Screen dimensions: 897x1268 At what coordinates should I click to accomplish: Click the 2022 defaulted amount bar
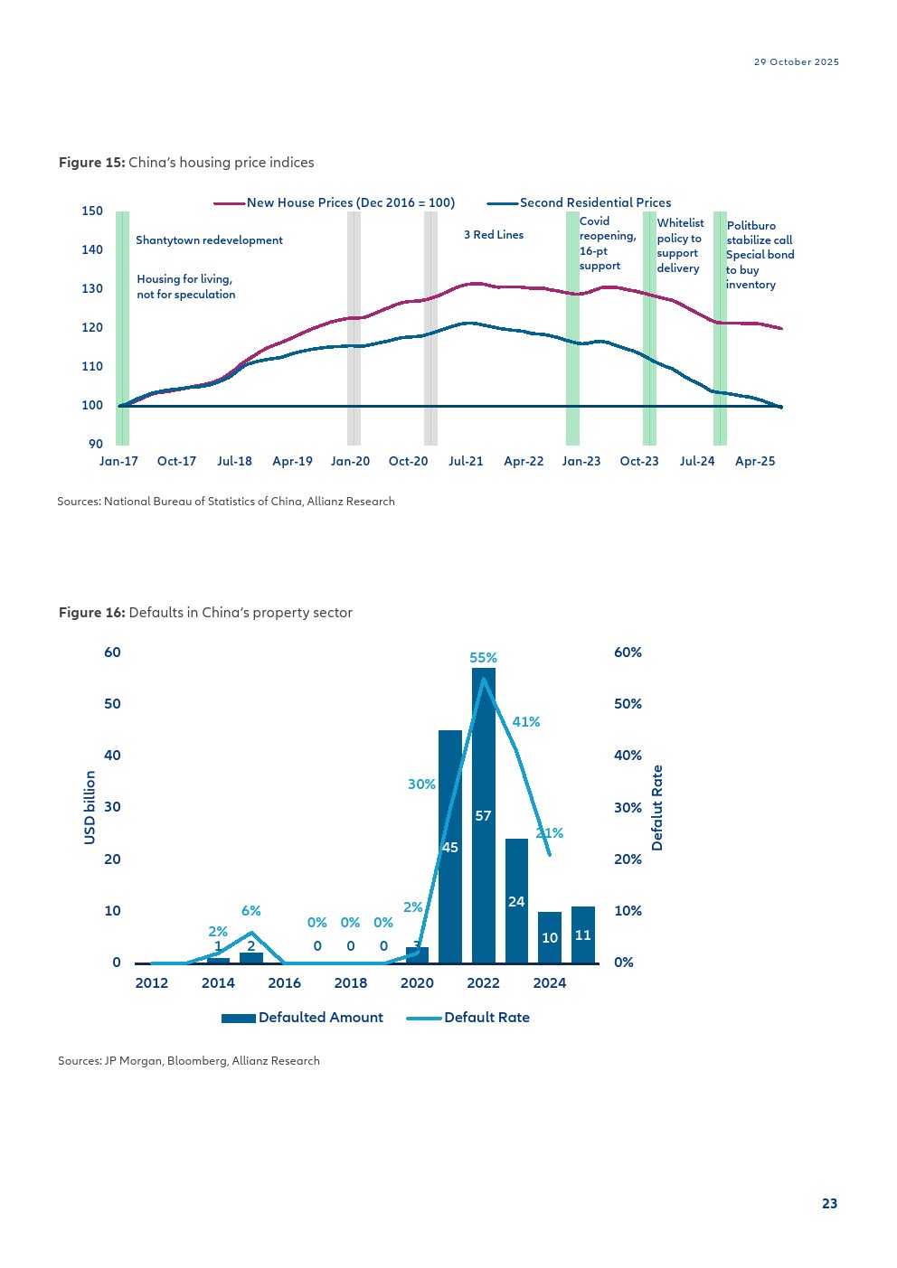click(x=483, y=815)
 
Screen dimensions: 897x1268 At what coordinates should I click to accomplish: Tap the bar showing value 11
click(x=582, y=935)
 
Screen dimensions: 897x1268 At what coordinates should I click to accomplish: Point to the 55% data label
click(x=483, y=658)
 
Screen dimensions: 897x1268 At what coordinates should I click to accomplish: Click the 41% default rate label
click(x=526, y=722)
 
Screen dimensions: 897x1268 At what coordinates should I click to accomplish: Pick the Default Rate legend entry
click(x=468, y=1018)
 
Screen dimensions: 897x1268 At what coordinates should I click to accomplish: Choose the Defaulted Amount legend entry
click(x=302, y=1018)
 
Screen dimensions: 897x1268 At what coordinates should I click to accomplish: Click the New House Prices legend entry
click(x=334, y=202)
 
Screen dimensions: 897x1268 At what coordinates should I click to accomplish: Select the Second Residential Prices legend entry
click(x=579, y=202)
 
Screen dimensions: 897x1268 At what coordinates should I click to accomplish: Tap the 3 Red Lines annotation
click(x=494, y=235)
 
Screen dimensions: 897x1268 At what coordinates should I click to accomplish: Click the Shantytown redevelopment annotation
click(x=209, y=240)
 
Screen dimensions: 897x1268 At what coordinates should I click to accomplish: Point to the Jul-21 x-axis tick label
click(x=466, y=461)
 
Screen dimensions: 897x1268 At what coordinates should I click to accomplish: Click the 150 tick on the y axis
click(x=92, y=211)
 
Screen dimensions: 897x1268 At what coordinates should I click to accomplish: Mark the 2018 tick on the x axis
click(x=351, y=982)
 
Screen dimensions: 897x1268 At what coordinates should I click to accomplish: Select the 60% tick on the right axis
click(x=628, y=653)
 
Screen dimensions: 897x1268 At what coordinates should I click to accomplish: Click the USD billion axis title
click(x=90, y=808)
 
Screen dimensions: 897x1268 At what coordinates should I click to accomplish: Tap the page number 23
click(x=829, y=1204)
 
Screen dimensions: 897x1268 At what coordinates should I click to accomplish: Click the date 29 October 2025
click(x=797, y=62)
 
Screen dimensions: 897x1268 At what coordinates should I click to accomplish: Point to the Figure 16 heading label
click(x=91, y=613)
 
